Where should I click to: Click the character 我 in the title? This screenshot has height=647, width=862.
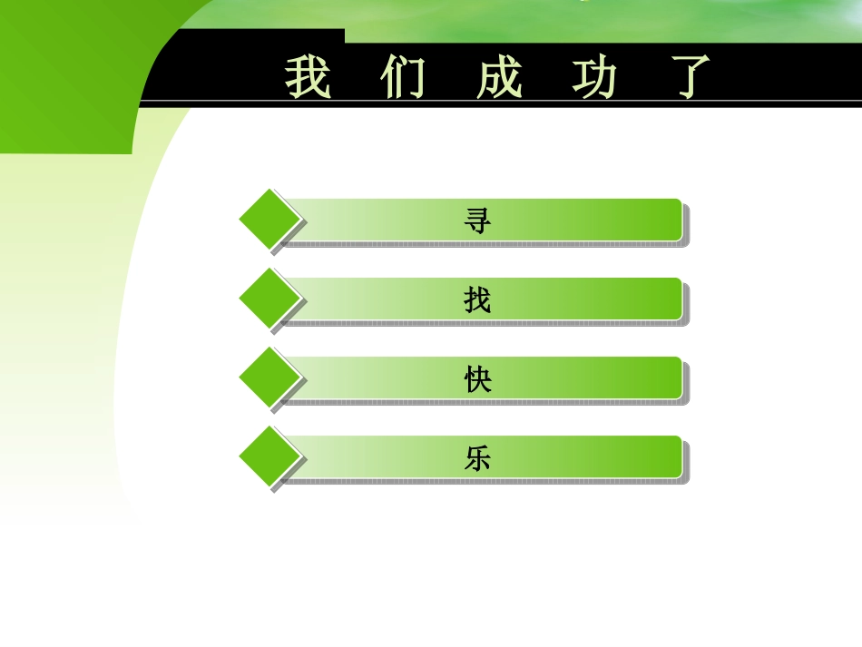click(x=308, y=77)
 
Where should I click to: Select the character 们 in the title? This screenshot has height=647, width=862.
click(x=403, y=77)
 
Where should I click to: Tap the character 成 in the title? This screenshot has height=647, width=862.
click(x=499, y=77)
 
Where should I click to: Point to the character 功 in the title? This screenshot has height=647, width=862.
click(x=594, y=77)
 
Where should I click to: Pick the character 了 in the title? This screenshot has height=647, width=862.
click(x=689, y=77)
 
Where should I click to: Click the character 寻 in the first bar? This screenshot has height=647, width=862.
click(x=477, y=221)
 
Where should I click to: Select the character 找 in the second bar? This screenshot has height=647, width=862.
click(x=477, y=299)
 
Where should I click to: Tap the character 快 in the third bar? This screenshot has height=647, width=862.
click(x=477, y=378)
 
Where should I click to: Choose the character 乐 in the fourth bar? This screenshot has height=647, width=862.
click(x=477, y=458)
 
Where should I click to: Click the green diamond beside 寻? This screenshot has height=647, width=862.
click(x=269, y=220)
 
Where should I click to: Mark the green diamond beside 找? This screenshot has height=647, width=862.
click(x=269, y=299)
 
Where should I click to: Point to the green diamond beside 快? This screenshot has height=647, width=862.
click(x=269, y=377)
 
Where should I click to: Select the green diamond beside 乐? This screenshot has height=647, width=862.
click(x=269, y=456)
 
